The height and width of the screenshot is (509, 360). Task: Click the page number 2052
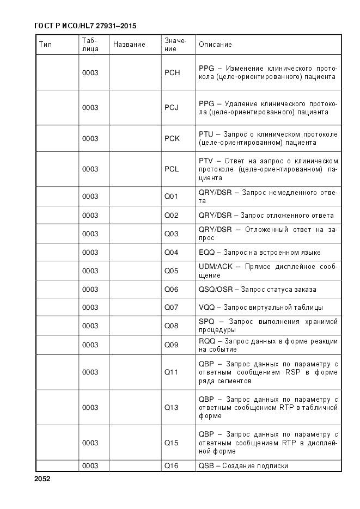42,479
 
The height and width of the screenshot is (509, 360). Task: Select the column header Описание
215,45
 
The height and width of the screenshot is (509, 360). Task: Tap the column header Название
129,45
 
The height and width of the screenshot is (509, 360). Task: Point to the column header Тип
46,45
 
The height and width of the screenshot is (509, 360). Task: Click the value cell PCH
172,73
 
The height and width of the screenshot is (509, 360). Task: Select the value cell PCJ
172,108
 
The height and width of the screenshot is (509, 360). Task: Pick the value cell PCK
172,139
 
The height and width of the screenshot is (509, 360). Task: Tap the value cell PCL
172,169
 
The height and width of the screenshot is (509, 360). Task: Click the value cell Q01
172,197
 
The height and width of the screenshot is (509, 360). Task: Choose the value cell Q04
172,253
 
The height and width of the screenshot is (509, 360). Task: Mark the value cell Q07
172,308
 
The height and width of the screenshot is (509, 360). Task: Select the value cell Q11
172,373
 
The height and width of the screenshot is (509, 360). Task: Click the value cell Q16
172,466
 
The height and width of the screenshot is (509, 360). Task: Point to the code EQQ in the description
206,253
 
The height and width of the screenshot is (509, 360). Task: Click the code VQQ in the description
207,308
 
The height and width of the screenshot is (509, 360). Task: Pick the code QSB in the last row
206,466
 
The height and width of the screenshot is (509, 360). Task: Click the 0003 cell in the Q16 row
90,466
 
